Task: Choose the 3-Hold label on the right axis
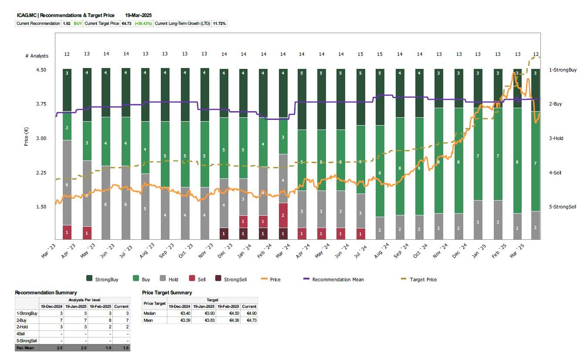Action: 556,138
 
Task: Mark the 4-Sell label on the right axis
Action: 555,173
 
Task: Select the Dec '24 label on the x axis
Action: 462,251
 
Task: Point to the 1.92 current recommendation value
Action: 67,24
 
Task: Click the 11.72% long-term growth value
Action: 219,24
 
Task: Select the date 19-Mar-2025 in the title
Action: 138,15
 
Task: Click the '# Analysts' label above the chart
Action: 37,56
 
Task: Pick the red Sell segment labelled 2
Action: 283,215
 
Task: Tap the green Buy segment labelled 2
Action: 67,128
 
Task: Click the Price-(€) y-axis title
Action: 27,137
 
